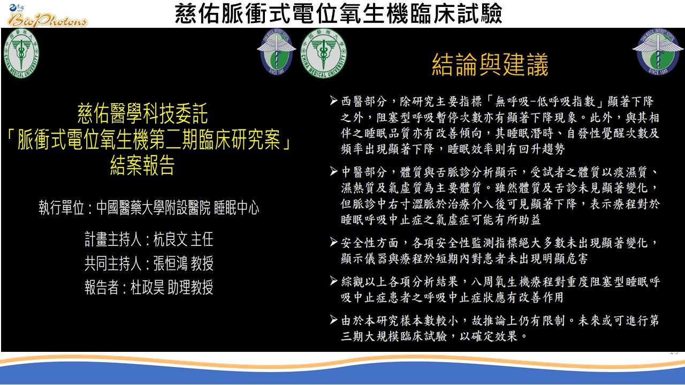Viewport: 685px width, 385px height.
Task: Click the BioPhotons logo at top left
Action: [x=47, y=16]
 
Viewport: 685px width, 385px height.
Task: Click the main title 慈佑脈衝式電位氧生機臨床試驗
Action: [x=339, y=13]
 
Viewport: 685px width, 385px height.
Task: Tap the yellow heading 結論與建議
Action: [x=490, y=65]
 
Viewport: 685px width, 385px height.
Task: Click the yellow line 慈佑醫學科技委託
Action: [x=142, y=113]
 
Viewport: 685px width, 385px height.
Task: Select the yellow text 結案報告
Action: [x=142, y=165]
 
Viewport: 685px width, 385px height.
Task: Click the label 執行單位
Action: [x=62, y=208]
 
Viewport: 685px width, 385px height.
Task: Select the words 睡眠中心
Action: [x=237, y=208]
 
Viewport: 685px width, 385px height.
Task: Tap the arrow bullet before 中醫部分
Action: [x=333, y=171]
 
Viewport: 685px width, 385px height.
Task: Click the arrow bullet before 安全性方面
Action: [x=333, y=242]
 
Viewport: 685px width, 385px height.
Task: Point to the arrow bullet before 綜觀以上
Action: [x=333, y=281]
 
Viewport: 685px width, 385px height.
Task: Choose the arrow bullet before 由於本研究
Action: [x=333, y=320]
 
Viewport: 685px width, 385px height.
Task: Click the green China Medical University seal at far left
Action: [x=21, y=53]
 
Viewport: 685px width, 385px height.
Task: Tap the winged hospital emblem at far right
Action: [x=658, y=52]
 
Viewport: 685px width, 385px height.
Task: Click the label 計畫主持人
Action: [x=113, y=239]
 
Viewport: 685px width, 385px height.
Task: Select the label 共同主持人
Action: [x=113, y=263]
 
